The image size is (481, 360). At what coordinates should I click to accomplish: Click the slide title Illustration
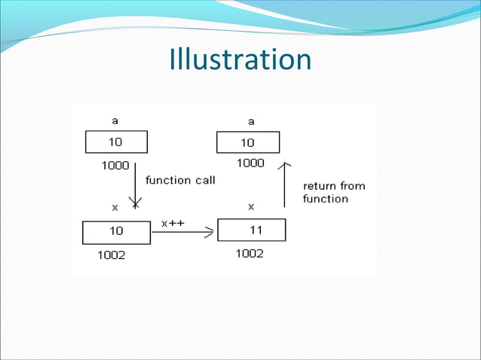point(240,59)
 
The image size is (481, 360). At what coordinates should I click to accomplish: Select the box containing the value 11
point(251,230)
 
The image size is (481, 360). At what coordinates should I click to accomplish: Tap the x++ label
point(173,223)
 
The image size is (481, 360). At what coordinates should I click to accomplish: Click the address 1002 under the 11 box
point(250,254)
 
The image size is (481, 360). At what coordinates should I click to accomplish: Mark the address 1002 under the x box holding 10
point(112,255)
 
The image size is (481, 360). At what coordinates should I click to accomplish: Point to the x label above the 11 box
point(251,206)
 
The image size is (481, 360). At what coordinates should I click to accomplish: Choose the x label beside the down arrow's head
point(115,206)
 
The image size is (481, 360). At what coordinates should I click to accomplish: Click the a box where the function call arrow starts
point(116,142)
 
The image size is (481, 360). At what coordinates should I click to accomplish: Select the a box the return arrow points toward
point(248,142)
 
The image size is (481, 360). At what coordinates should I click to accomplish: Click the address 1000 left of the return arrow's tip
point(250,163)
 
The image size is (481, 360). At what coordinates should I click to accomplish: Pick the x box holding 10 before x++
point(116,232)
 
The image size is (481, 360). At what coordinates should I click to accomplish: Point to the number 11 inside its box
point(256,230)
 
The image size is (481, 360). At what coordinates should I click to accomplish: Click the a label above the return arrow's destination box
point(251,121)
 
